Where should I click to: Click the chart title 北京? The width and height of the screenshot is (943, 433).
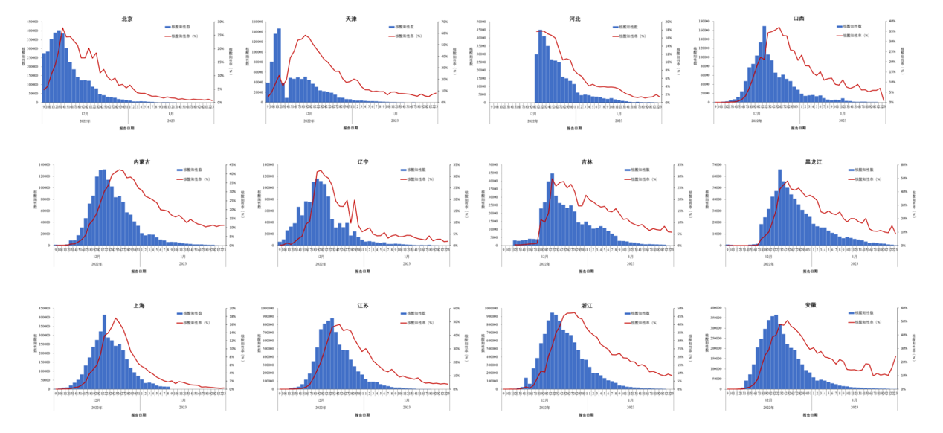click(x=127, y=18)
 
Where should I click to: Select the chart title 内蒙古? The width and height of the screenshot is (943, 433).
click(x=141, y=161)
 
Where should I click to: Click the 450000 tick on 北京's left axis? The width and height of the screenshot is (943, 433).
click(x=33, y=22)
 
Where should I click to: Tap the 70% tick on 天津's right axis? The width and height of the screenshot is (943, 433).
click(x=443, y=22)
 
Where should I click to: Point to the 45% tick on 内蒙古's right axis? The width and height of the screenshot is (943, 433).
click(x=232, y=165)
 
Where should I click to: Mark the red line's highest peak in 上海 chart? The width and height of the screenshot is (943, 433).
click(x=115, y=318)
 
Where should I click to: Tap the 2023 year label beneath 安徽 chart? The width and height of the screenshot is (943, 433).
click(x=854, y=408)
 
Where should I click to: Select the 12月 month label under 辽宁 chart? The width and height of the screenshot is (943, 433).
click(x=321, y=257)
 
